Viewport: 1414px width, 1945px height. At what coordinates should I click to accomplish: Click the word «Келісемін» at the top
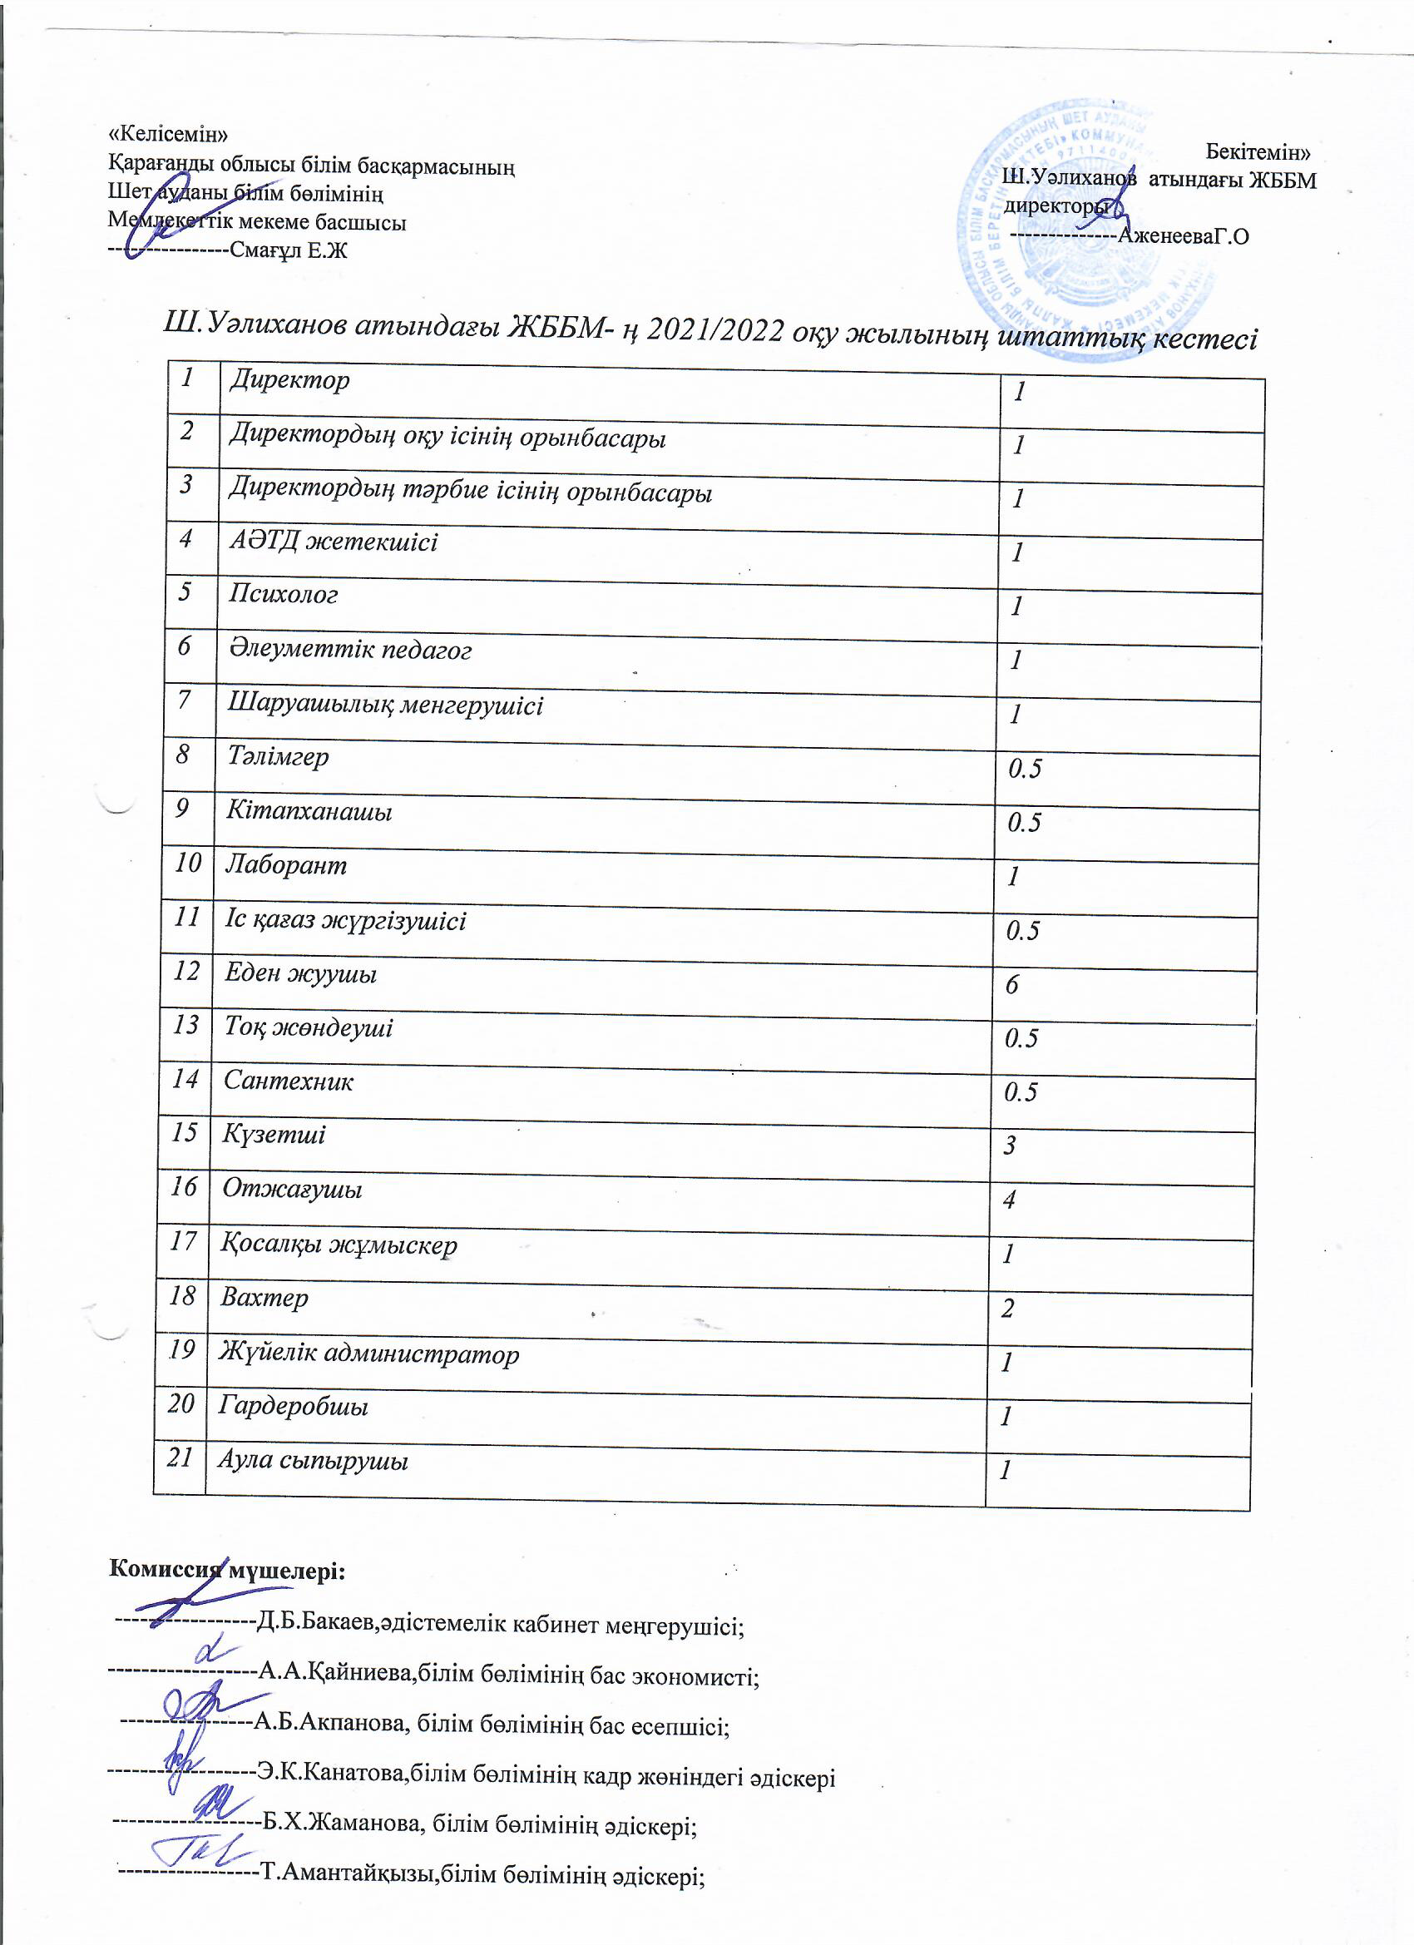pos(169,134)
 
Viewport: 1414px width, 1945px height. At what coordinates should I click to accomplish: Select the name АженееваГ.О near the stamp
pos(1183,235)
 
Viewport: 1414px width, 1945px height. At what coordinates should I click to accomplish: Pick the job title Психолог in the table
pos(283,594)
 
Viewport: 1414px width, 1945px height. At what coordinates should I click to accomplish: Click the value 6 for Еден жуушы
pos(1011,984)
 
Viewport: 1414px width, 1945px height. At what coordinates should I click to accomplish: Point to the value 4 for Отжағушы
pos(1009,1200)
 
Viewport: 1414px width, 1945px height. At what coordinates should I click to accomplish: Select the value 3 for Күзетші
pos(1010,1146)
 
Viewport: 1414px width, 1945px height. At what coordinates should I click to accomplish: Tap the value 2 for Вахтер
pos(1008,1308)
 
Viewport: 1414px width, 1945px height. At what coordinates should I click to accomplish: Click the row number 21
pos(180,1457)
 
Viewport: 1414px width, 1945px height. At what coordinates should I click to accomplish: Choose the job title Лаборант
pos(285,864)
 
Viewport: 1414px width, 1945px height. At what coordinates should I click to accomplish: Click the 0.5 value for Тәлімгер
pos(1025,769)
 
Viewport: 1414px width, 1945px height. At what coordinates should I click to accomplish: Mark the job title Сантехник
pos(288,1081)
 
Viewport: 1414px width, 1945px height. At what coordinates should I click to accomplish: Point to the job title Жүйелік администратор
pos(368,1354)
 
